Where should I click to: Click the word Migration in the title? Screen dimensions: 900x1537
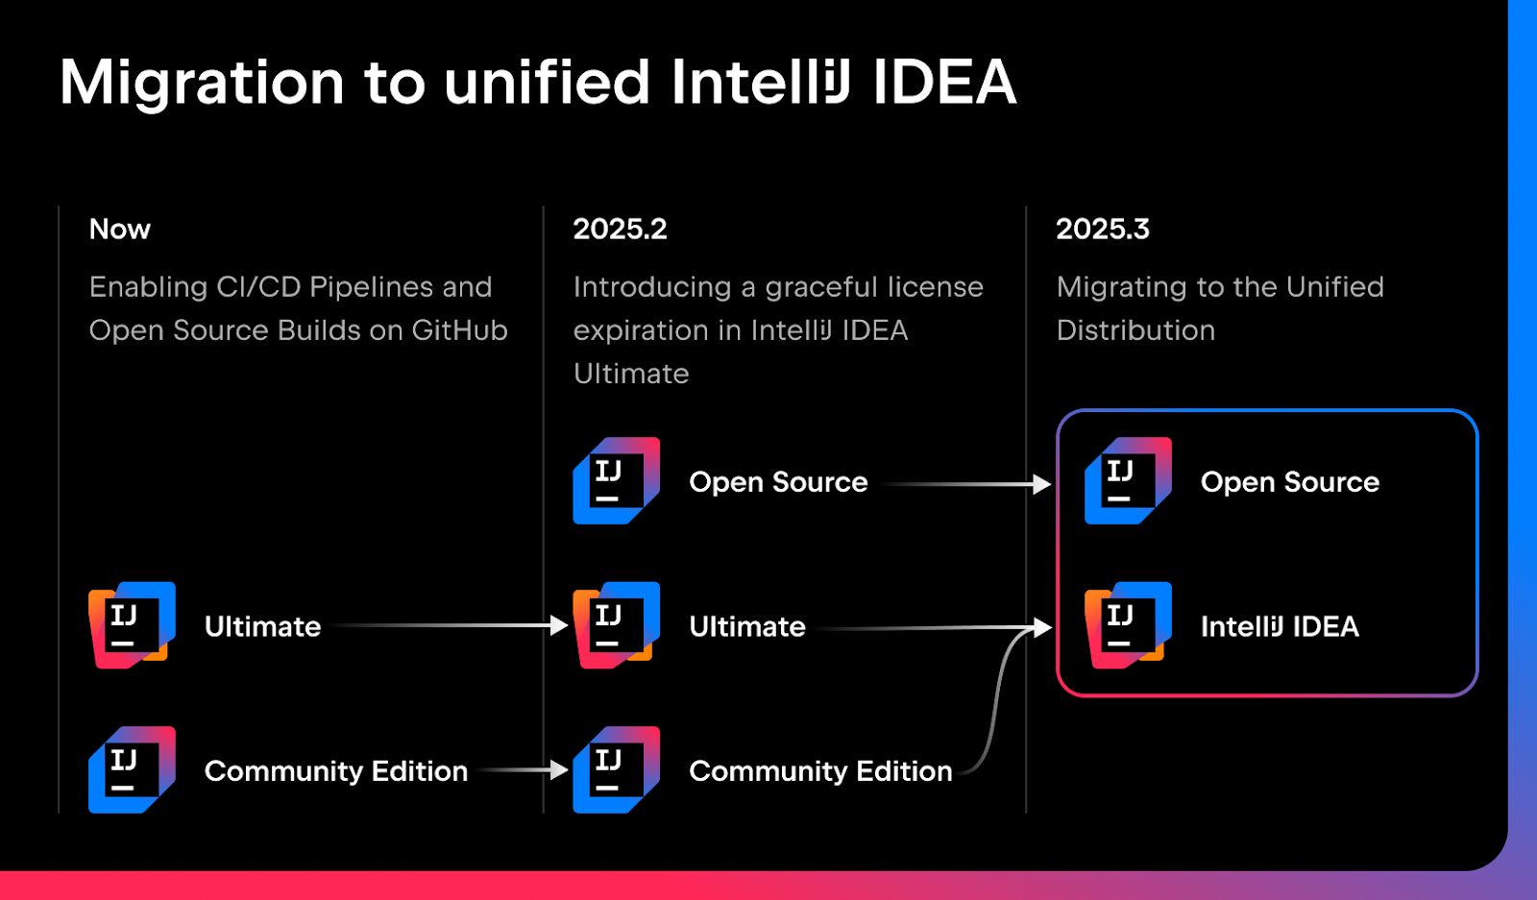pos(202,83)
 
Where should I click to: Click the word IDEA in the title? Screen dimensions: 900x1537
pos(943,83)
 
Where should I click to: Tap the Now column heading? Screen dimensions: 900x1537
pos(120,229)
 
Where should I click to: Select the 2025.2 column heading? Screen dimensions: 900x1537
pos(620,229)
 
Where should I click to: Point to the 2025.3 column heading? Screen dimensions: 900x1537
pos(1102,229)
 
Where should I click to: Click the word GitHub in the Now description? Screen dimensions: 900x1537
pos(459,330)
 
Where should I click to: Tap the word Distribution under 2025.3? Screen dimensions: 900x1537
pos(1135,330)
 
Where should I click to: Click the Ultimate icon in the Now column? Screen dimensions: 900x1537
pos(132,625)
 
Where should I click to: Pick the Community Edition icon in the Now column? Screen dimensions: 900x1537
pos(132,769)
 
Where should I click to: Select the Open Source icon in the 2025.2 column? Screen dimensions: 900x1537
pos(616,480)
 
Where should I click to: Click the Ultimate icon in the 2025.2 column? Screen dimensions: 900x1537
pos(616,625)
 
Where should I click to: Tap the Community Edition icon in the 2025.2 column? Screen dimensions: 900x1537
pos(616,769)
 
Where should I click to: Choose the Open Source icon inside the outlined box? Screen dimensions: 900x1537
pos(1128,480)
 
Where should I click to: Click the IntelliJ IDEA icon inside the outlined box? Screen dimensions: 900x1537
pos(1128,625)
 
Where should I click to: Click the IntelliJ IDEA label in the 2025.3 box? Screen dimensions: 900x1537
pos(1280,627)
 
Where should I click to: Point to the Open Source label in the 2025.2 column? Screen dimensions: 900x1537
pos(778,482)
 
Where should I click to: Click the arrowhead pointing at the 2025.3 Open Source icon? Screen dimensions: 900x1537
pos(1042,484)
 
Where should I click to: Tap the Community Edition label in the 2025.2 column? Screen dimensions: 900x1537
pos(820,771)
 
